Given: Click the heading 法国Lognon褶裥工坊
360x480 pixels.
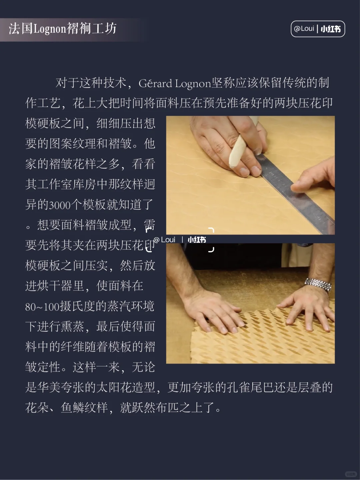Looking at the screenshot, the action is [63, 29].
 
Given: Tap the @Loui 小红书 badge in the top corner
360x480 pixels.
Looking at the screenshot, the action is [318, 29].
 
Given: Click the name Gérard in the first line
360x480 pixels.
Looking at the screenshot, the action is [155, 84].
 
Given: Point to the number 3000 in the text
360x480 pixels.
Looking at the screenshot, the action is [60, 205].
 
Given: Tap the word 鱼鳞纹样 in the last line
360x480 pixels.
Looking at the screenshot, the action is [84, 408].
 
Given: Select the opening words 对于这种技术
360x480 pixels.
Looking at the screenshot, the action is [91, 83].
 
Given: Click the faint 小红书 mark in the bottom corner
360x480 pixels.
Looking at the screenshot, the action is [351, 474].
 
